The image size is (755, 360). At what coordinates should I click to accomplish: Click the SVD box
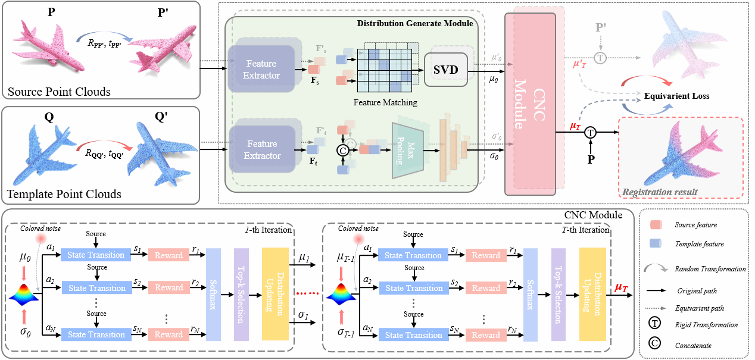[446, 69]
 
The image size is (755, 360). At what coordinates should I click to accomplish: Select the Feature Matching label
[385, 102]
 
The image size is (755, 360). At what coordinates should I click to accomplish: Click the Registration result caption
[660, 192]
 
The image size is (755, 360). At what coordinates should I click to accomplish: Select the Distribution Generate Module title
[415, 23]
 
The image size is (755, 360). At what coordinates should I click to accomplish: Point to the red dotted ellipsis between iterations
[307, 293]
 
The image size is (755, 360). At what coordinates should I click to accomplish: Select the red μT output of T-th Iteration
[621, 288]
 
